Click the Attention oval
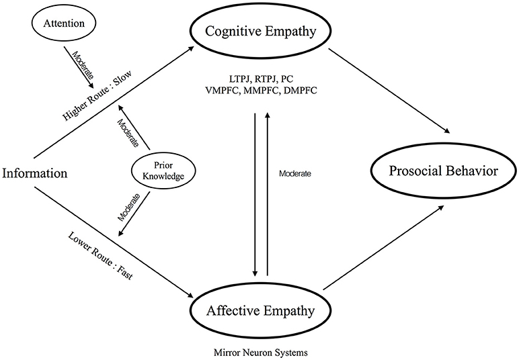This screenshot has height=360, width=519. [59, 25]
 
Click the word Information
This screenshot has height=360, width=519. [34, 173]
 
